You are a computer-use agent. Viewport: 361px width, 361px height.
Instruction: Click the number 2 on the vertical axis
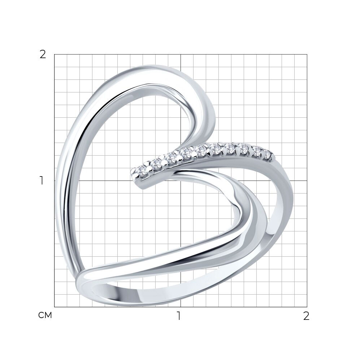[43, 55]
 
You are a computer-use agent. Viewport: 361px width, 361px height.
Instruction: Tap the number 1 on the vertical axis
[42, 180]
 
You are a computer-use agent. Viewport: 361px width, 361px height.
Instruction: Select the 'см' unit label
[45, 316]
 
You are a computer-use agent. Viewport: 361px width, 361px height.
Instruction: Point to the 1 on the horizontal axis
[179, 316]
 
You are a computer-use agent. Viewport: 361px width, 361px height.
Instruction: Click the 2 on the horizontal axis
[306, 316]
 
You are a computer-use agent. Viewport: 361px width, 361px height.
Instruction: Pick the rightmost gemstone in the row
[268, 153]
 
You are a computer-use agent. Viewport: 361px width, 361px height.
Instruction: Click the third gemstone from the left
[171, 158]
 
